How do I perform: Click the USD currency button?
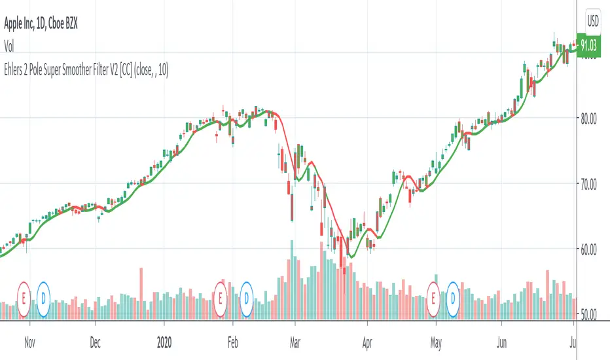pyautogui.click(x=593, y=20)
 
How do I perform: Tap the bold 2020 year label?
pyautogui.click(x=164, y=341)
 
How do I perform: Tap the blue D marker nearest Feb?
pyautogui.click(x=247, y=297)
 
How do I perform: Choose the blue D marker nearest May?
pyautogui.click(x=453, y=297)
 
